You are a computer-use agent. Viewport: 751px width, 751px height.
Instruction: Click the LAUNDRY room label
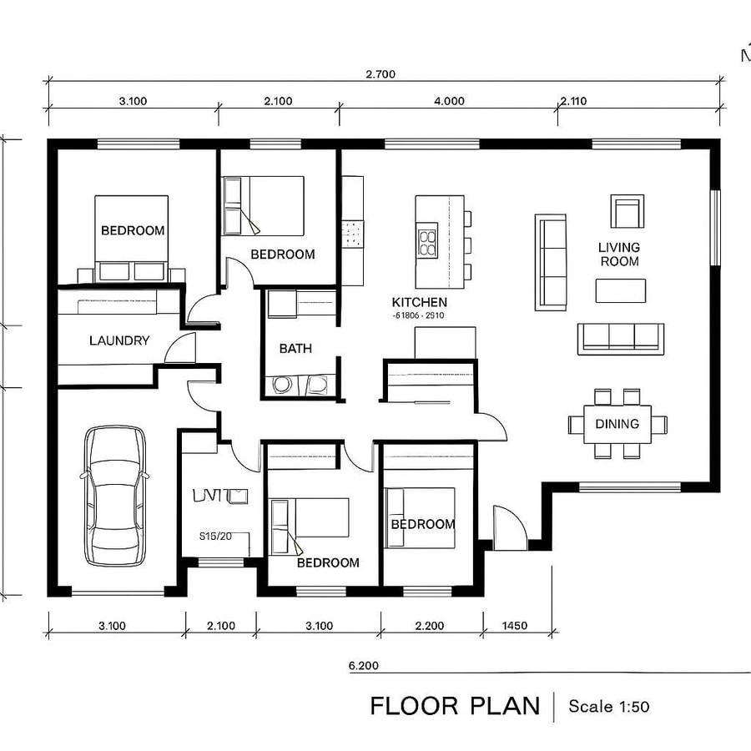119,340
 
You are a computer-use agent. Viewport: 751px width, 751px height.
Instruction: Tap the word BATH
295,348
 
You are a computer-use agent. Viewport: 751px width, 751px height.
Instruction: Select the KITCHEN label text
419,303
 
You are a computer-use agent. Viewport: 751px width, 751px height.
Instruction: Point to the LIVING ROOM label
618,255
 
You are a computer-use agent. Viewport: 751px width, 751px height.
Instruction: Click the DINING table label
617,424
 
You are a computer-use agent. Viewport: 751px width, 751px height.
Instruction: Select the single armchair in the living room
626,211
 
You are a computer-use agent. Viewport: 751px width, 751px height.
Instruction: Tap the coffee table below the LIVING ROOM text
620,290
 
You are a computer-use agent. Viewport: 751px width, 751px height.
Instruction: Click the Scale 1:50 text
608,707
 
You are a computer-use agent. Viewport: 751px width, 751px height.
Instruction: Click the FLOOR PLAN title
455,706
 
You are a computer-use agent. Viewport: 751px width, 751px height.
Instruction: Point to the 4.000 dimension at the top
449,101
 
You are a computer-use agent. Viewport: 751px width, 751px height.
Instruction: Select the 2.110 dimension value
573,101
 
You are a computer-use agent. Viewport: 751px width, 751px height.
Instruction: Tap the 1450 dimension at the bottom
516,626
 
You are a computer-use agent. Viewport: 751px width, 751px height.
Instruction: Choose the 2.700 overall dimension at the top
380,74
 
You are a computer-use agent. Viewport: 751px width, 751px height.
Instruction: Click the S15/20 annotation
215,537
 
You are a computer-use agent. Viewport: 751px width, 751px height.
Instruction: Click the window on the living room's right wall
714,228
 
